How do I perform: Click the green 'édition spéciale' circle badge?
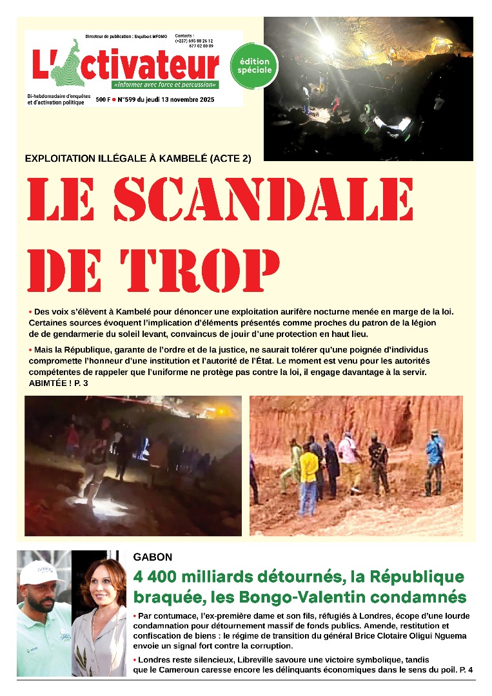[x=254, y=65]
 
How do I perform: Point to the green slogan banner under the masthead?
[x=165, y=84]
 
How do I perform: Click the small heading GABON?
[x=152, y=556]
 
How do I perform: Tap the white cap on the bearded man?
[x=41, y=573]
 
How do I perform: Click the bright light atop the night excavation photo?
[x=327, y=43]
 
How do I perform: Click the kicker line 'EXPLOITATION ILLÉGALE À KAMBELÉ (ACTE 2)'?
[x=137, y=159]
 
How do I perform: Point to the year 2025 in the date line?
[x=206, y=100]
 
